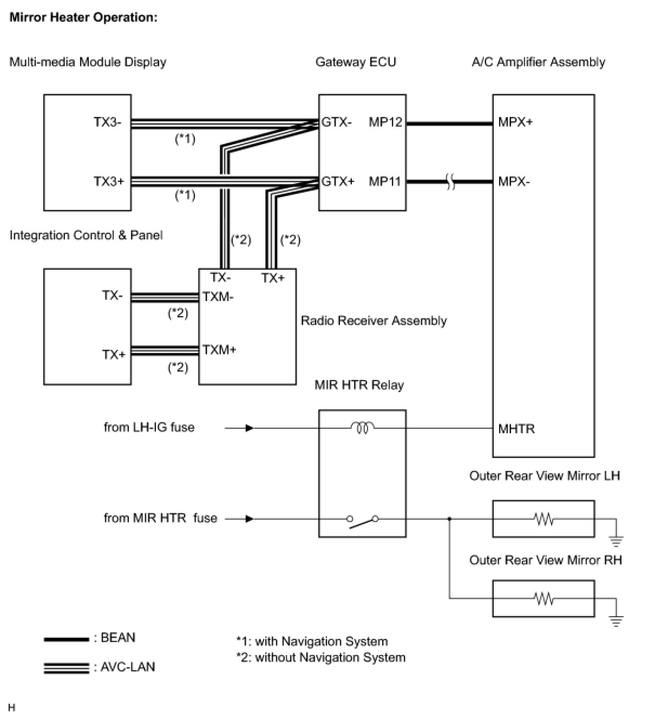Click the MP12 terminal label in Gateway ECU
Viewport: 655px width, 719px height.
(x=385, y=122)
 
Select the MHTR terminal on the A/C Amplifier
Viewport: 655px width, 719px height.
(x=516, y=429)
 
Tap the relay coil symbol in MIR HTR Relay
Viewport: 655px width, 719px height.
(x=363, y=428)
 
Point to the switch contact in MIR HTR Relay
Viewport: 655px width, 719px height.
(x=363, y=522)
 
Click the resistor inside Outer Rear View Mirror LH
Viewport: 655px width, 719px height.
(x=543, y=519)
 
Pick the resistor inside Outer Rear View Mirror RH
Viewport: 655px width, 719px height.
(x=543, y=598)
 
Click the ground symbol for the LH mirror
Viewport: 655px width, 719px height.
(x=616, y=541)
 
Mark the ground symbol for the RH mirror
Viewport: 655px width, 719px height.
(x=616, y=621)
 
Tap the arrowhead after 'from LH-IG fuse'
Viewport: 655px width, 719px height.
(x=250, y=428)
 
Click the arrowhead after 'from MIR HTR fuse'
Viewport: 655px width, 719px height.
(x=250, y=519)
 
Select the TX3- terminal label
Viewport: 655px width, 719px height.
(x=108, y=122)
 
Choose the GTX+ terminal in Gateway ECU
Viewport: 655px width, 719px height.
(x=338, y=182)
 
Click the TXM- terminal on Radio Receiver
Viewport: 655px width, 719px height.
(x=218, y=297)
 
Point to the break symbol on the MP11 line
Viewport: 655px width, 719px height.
(x=450, y=182)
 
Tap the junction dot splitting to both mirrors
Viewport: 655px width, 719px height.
(x=450, y=519)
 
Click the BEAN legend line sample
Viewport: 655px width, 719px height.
(x=67, y=639)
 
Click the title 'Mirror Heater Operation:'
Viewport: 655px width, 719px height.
(x=83, y=17)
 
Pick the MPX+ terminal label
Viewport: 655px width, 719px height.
(x=515, y=122)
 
